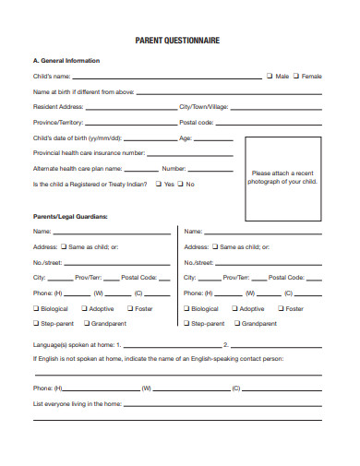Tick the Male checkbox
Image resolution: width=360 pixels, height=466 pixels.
coord(270,77)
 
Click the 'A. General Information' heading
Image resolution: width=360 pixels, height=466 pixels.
coord(66,61)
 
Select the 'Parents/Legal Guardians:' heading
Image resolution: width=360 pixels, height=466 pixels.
coord(70,216)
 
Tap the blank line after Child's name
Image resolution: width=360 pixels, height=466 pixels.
coord(167,78)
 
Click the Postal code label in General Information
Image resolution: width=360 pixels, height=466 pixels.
coord(197,123)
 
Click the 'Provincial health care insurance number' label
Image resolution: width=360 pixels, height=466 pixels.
coord(90,153)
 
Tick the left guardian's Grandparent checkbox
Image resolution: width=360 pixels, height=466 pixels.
coord(87,324)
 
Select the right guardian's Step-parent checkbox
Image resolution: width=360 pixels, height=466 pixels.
coord(187,324)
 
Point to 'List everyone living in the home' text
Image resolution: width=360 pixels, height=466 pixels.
coord(78,404)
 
